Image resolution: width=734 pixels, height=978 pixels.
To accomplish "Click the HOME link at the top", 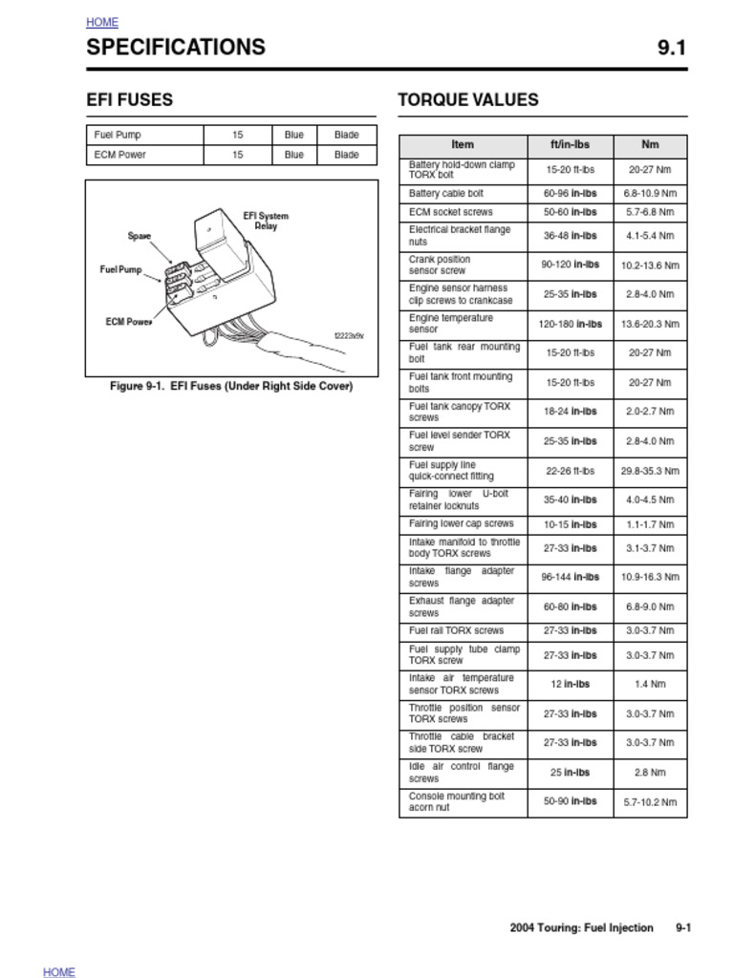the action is click(x=102, y=22).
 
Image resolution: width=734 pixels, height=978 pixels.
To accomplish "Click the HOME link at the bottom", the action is click(x=59, y=971).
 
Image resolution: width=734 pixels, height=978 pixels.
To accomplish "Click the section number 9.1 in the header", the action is click(x=671, y=48).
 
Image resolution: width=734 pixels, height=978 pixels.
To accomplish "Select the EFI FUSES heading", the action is click(x=129, y=99).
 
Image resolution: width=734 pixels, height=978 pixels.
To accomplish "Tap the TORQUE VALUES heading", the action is click(x=467, y=99).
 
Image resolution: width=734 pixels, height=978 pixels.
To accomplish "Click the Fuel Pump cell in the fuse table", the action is click(x=118, y=135).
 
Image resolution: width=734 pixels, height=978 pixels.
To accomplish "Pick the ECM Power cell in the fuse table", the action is click(x=119, y=155).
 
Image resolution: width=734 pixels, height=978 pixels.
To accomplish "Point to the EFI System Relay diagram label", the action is click(x=266, y=221).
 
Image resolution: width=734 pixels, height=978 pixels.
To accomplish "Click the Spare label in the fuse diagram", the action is click(x=140, y=236).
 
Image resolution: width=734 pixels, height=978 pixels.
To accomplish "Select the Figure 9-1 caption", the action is click(x=231, y=387).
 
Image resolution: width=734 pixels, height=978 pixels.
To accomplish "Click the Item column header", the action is click(x=463, y=145).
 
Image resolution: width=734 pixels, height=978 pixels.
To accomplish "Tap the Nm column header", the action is click(x=650, y=145).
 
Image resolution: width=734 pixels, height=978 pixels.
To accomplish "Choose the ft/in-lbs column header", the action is click(x=570, y=145).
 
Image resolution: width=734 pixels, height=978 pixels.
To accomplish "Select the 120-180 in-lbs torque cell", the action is click(x=570, y=324).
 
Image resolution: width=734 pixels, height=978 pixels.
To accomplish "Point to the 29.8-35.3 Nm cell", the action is click(x=650, y=471).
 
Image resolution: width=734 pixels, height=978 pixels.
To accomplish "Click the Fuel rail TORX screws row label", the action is click(x=456, y=630).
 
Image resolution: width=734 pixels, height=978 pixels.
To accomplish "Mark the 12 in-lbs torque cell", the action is click(x=570, y=684).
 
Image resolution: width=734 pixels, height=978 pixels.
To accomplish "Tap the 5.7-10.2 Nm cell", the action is click(x=650, y=802).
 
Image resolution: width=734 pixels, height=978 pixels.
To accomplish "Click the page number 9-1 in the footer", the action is click(x=682, y=927).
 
